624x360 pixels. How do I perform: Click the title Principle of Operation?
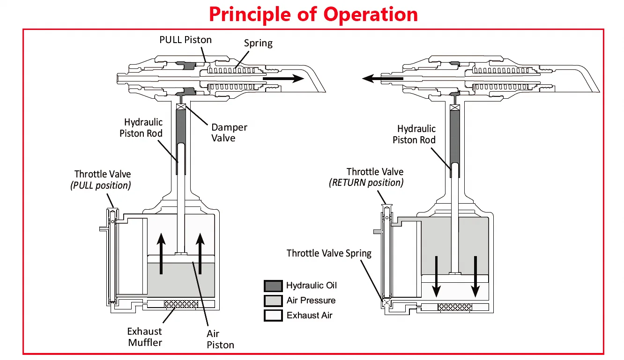click(313, 14)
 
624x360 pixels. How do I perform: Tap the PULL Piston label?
click(186, 40)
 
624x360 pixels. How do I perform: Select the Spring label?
click(258, 44)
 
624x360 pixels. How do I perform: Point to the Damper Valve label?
click(229, 133)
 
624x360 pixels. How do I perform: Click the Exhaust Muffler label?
click(145, 337)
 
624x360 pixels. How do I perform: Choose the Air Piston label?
click(220, 339)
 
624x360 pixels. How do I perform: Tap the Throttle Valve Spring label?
click(329, 253)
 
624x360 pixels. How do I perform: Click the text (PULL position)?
click(101, 185)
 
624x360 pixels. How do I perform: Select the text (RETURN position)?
click(366, 183)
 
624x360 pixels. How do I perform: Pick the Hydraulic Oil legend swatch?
click(273, 286)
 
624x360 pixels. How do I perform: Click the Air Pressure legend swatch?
click(273, 301)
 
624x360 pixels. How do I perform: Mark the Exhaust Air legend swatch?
click(273, 316)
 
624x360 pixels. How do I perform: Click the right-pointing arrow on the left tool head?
click(283, 79)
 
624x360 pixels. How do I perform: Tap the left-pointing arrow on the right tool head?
click(382, 79)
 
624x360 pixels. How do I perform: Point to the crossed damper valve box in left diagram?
click(181, 107)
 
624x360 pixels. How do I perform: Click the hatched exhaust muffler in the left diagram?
click(181, 304)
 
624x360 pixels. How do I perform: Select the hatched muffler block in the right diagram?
click(455, 307)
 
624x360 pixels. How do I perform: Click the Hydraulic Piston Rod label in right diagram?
click(414, 134)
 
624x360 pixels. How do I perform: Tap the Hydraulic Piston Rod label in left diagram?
click(141, 128)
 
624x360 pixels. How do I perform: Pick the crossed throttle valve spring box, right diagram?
click(386, 302)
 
